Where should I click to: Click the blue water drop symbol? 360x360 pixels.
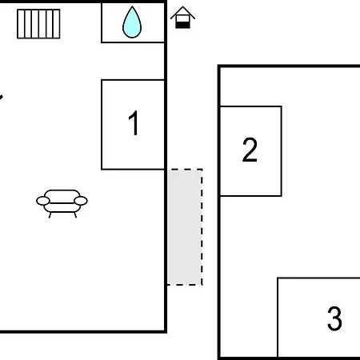pos(132,24)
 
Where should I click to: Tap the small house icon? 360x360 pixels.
pos(182,18)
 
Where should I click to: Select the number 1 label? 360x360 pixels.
pos(134,123)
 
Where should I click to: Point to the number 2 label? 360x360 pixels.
pos(250,150)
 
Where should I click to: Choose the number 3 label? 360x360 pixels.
pos(334,318)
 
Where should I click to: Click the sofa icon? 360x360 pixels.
pos(62,203)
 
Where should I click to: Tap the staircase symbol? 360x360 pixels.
pos(38,24)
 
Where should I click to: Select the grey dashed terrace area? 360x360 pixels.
pos(185,227)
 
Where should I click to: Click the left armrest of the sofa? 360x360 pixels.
pos(43,201)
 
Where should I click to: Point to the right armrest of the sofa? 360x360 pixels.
pos(81,201)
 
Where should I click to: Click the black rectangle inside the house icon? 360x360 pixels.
pos(182,25)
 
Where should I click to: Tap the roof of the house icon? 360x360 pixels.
pos(182,12)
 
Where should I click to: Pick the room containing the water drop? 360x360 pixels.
pos(133,22)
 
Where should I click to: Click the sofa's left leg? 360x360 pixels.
pos(50,215)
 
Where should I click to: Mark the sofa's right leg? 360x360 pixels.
pos(75,215)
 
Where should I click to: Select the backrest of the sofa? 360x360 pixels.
pos(62,193)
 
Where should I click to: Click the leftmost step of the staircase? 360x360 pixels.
pos(21,24)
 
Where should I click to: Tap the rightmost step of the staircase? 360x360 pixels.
pos(56,24)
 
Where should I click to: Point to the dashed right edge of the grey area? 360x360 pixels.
pos(202,227)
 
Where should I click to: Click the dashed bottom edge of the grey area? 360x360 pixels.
pos(185,285)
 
